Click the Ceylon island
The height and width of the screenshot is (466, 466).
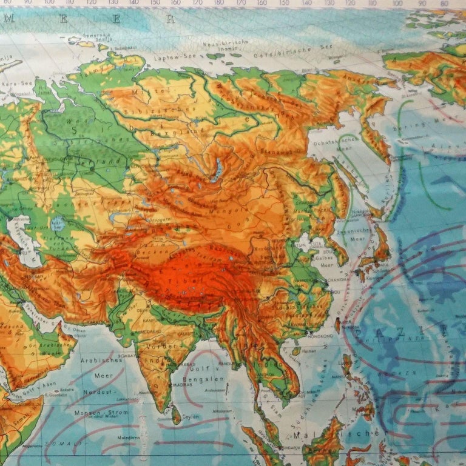click(177, 414)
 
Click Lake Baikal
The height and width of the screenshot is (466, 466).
click(215, 170)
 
